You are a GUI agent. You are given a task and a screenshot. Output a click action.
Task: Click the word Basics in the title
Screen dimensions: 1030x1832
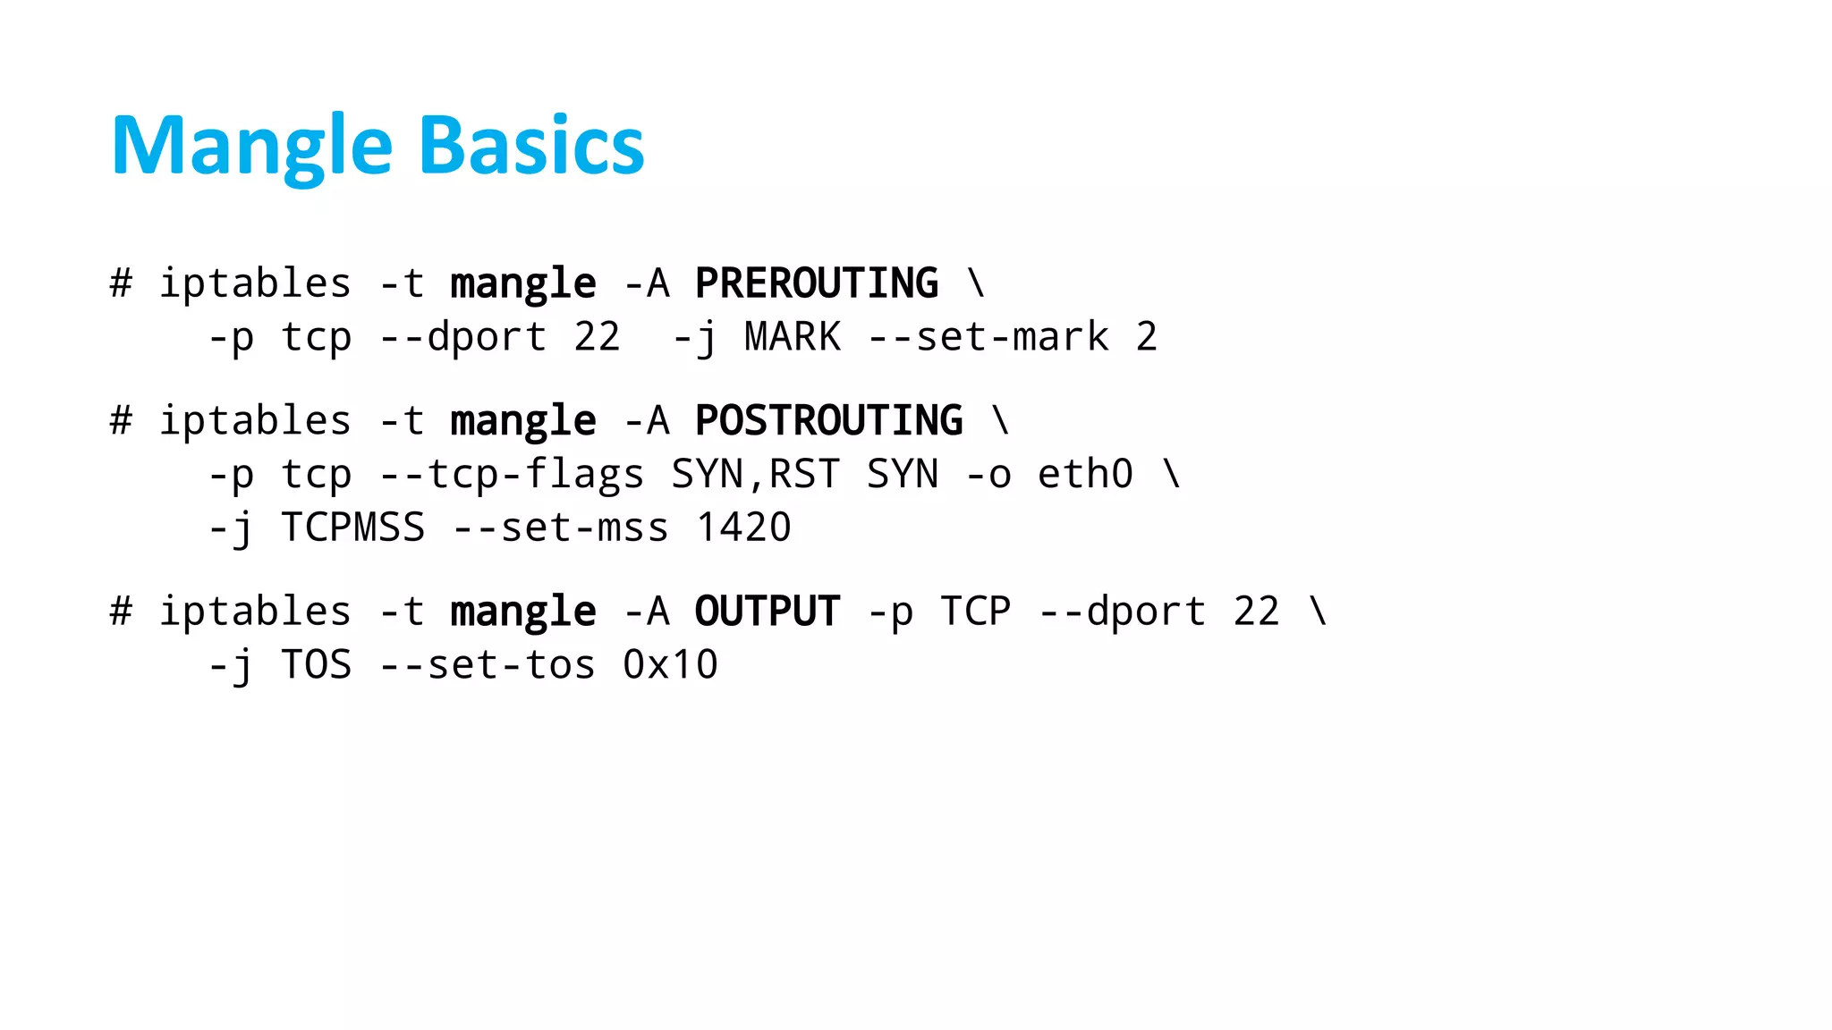531,146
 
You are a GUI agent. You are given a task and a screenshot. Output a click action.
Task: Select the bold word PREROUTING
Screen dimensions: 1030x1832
817,283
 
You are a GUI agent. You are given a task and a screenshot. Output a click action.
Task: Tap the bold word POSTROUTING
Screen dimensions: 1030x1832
829,420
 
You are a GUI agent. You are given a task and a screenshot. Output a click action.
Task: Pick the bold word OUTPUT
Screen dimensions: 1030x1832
768,612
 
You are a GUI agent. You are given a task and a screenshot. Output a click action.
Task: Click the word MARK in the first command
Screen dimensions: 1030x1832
793,337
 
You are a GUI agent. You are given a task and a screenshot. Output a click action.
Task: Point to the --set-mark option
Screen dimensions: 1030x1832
988,337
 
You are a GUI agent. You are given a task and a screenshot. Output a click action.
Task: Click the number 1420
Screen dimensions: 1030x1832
743,528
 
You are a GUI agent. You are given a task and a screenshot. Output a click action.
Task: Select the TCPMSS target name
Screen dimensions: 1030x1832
352,528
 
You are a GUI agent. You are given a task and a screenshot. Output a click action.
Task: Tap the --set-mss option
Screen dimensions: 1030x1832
560,528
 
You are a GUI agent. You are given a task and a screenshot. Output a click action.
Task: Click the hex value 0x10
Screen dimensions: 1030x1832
670,665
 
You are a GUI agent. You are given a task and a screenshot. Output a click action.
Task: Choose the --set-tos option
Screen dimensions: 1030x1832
488,665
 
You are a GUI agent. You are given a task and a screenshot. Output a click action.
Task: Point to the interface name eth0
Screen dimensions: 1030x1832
1085,474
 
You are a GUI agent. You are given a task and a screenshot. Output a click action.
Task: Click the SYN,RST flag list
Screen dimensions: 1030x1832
756,474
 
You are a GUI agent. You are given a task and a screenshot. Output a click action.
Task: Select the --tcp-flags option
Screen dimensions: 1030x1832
512,474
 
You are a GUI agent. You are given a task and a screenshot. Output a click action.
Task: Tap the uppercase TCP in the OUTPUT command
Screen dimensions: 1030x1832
976,612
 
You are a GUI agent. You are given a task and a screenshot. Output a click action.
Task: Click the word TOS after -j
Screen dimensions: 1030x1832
316,665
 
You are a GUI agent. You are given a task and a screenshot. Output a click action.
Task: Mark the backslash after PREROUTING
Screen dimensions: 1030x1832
976,283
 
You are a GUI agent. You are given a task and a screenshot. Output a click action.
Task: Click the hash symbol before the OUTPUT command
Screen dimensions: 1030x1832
121,612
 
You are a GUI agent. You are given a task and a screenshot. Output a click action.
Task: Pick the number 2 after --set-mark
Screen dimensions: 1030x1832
1147,337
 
